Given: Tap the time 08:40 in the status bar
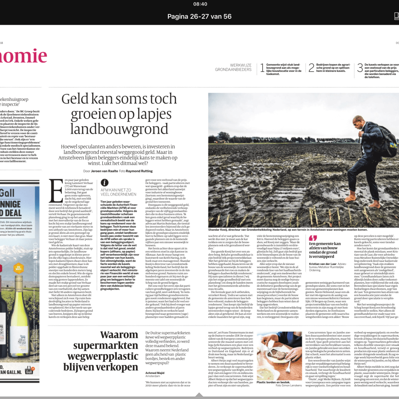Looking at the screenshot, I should (199, 4).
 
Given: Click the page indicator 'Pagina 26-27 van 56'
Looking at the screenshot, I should (199, 16).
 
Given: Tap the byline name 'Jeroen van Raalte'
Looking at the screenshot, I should (105, 171).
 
